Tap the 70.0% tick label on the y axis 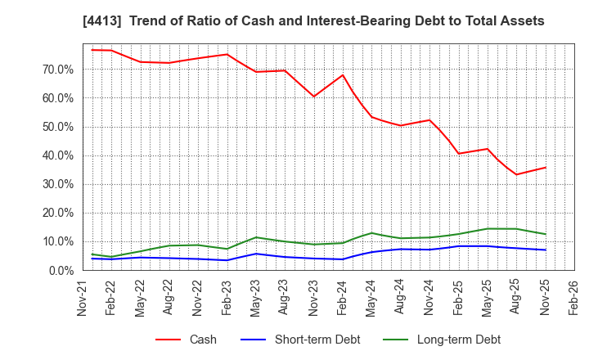[x=56, y=70]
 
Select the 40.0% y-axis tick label [x=56, y=155]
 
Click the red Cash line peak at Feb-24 [x=343, y=75]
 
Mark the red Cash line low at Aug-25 [x=516, y=174]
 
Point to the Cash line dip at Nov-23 [x=313, y=97]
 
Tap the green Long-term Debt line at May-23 [x=256, y=237]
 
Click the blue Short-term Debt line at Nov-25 [x=546, y=250]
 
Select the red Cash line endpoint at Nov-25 [x=546, y=167]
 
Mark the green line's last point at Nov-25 [x=546, y=234]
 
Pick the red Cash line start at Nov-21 [x=92, y=50]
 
